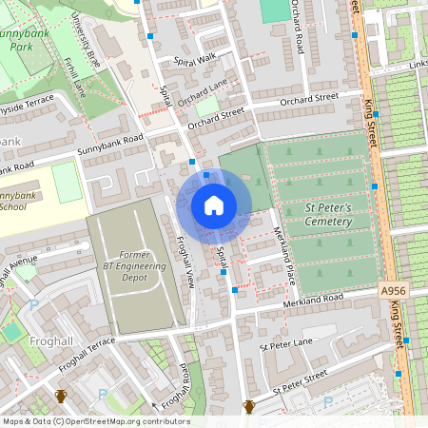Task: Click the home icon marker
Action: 214,205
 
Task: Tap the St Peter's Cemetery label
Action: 315,215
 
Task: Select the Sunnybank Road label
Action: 109,150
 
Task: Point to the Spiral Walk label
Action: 195,59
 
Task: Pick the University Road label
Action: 86,58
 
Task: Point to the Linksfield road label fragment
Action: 418,64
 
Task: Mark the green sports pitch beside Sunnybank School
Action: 67,182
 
